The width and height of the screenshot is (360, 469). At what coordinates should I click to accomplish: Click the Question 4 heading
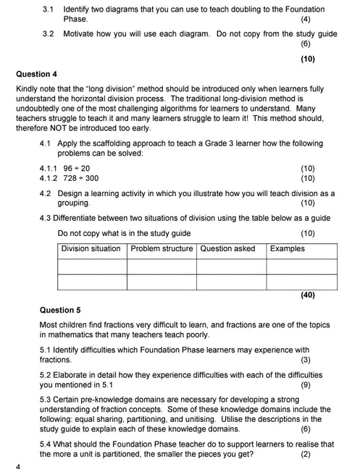(x=36, y=74)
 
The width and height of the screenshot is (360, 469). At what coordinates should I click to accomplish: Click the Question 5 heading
(x=60, y=310)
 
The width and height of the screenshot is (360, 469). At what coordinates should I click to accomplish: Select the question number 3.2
(x=49, y=34)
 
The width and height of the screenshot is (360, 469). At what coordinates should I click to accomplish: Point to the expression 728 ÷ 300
(x=81, y=178)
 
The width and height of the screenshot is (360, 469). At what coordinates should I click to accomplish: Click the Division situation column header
(x=91, y=249)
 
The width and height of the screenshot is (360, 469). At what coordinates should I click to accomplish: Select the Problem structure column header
(x=162, y=249)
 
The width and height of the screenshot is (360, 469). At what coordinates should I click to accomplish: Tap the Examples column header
(x=287, y=249)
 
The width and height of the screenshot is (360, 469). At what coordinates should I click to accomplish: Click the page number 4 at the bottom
(x=17, y=465)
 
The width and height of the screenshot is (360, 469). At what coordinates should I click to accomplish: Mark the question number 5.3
(x=46, y=399)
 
